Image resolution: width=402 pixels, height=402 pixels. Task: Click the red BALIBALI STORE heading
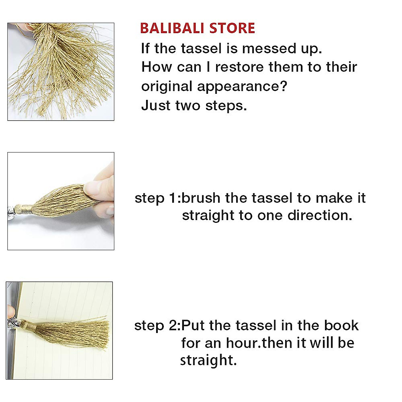(x=197, y=28)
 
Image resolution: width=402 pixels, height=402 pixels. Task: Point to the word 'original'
(x=166, y=86)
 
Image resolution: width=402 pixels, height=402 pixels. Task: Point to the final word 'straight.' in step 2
(x=208, y=360)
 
